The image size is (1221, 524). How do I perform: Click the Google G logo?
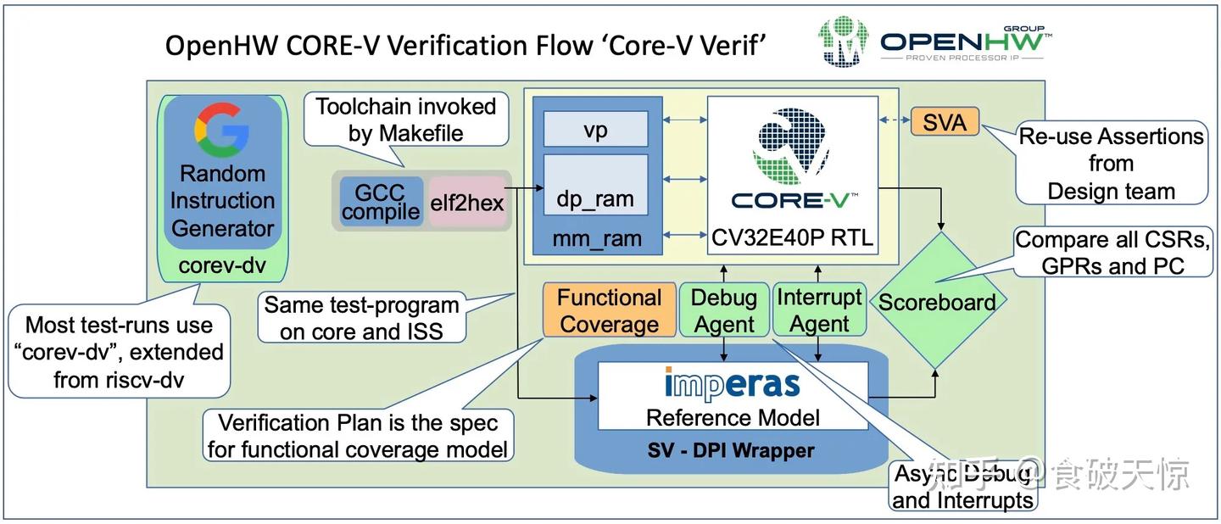(x=221, y=130)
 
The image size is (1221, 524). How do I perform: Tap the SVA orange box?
(x=944, y=123)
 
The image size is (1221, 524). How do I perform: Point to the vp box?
(x=595, y=131)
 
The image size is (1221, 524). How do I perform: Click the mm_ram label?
(x=596, y=239)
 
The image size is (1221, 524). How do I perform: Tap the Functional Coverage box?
(x=608, y=310)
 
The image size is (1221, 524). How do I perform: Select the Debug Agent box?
(x=723, y=310)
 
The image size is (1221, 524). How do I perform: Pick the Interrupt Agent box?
(x=819, y=310)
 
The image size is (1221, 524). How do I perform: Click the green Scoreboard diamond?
(x=937, y=301)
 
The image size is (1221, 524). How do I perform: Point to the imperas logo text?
(x=732, y=383)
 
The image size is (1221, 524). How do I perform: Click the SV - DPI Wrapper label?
(x=731, y=450)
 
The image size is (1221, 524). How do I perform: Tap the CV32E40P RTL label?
(x=792, y=239)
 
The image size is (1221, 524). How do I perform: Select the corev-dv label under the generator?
(x=222, y=265)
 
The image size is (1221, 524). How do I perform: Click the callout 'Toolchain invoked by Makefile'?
(x=406, y=120)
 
